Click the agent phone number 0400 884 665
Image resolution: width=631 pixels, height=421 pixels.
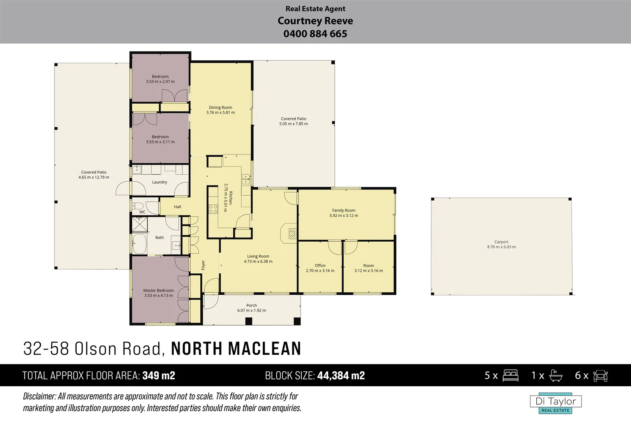[315, 34]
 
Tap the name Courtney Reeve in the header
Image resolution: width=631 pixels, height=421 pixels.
[315, 21]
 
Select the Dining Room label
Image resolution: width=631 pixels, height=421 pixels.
[220, 108]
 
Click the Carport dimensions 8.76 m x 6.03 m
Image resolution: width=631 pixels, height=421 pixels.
[501, 247]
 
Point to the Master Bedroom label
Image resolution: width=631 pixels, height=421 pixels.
[158, 290]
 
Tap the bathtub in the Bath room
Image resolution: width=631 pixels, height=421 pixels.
[139, 243]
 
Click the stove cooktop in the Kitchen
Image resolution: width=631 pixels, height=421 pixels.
[213, 209]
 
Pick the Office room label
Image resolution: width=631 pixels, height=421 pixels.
[320, 265]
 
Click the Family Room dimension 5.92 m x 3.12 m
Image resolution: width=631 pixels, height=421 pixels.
[343, 216]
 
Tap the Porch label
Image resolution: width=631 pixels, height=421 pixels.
[251, 306]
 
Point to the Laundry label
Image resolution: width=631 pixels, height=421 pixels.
[159, 182]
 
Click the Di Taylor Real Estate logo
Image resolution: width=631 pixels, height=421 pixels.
[555, 403]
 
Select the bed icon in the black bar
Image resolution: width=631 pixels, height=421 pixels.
[510, 375]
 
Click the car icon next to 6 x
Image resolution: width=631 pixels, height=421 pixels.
[600, 375]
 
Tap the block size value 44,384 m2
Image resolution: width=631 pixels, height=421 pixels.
[341, 375]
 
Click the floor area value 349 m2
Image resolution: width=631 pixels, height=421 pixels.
[159, 375]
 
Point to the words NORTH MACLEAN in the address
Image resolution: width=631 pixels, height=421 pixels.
[236, 348]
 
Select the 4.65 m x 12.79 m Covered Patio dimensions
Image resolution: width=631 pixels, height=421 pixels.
[94, 177]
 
